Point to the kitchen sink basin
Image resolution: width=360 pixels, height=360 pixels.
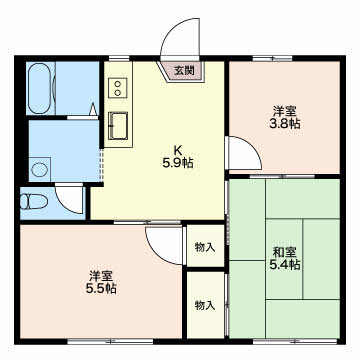(118, 125)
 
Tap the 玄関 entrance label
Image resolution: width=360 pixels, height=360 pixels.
(183, 70)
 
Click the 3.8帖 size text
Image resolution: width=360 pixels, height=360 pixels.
(286, 124)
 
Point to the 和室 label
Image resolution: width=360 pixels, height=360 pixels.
(283, 251)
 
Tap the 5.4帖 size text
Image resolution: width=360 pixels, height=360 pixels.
(283, 265)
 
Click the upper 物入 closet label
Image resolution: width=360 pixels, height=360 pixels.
(204, 246)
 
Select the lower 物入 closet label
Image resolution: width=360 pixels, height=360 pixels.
(204, 304)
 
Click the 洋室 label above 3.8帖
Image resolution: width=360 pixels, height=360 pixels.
(286, 110)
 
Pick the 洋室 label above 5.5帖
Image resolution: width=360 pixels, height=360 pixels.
(100, 276)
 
